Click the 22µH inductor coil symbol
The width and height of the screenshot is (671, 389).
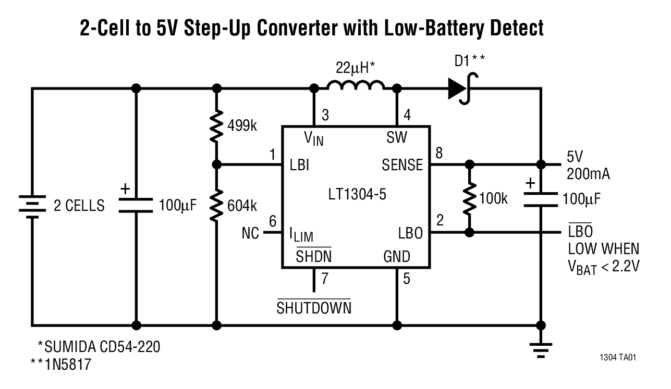(x=356, y=85)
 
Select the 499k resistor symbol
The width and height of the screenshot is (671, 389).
(x=216, y=125)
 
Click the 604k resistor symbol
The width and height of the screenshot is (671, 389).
(x=216, y=205)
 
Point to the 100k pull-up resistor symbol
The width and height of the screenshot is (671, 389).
(x=470, y=198)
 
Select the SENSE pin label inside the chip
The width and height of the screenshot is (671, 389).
(x=402, y=166)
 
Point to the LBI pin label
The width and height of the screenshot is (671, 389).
(x=299, y=166)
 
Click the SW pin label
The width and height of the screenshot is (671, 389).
(x=397, y=137)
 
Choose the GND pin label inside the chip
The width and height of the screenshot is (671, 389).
(x=397, y=257)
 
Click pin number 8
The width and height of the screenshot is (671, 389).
(x=440, y=153)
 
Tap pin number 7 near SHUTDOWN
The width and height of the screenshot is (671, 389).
(x=325, y=279)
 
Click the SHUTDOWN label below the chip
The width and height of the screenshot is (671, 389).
(x=314, y=308)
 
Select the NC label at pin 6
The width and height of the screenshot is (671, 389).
(x=251, y=233)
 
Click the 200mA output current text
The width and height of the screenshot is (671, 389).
(x=589, y=174)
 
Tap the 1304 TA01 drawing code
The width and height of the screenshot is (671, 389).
(x=620, y=358)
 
